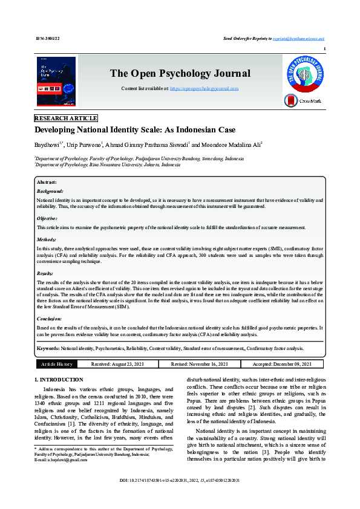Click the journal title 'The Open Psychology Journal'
(x=180, y=74)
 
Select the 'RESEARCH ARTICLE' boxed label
(x=66, y=118)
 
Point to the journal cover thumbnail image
(x=56, y=82)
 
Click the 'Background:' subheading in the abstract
(x=50, y=190)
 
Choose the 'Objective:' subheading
(x=47, y=218)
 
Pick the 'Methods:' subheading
(x=47, y=239)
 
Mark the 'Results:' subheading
(x=45, y=273)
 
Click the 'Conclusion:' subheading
(x=49, y=318)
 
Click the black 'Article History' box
(x=56, y=364)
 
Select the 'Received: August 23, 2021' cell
(x=117, y=364)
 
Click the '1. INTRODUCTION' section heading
(x=58, y=380)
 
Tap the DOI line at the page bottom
(x=180, y=497)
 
